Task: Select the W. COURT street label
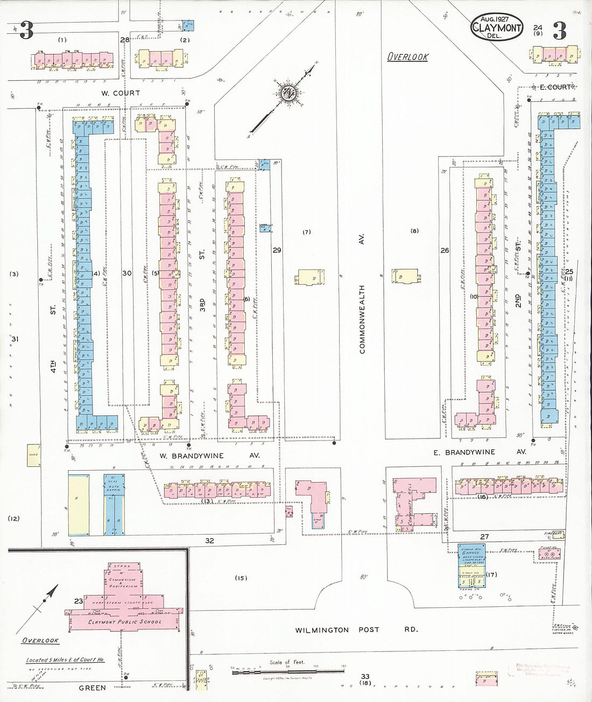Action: [119, 93]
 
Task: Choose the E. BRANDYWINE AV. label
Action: [480, 452]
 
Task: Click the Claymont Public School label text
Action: [125, 622]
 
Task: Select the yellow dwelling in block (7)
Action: [309, 277]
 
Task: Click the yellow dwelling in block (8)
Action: [406, 275]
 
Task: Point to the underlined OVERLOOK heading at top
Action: [408, 56]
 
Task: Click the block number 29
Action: [277, 250]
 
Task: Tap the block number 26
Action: [445, 250]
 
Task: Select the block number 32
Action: [209, 541]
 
